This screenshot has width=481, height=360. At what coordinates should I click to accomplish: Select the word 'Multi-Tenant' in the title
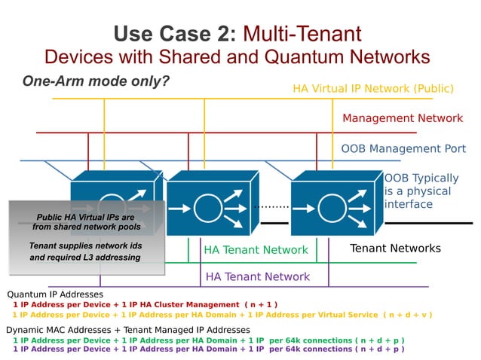point(302,33)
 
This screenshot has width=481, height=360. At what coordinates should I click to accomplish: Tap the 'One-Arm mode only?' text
point(95,81)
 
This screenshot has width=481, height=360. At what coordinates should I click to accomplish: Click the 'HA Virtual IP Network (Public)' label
point(372,89)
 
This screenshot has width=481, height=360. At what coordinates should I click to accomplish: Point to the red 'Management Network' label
point(403,118)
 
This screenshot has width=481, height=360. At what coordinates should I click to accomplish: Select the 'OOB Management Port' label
point(402,148)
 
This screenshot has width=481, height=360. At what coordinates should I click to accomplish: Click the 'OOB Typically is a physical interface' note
point(421,191)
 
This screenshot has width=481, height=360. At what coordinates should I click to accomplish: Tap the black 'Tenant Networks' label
point(395,248)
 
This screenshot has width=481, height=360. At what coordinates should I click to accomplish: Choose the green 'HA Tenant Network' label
point(256,249)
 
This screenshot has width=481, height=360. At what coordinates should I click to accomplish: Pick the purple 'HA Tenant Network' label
point(258,276)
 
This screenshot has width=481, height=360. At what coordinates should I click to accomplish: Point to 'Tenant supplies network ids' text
point(84,246)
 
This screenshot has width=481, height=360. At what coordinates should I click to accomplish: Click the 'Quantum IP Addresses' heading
point(55,294)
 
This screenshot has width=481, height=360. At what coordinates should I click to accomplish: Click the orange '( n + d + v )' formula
point(408,314)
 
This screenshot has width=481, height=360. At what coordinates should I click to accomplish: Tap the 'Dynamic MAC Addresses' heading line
point(127,330)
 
